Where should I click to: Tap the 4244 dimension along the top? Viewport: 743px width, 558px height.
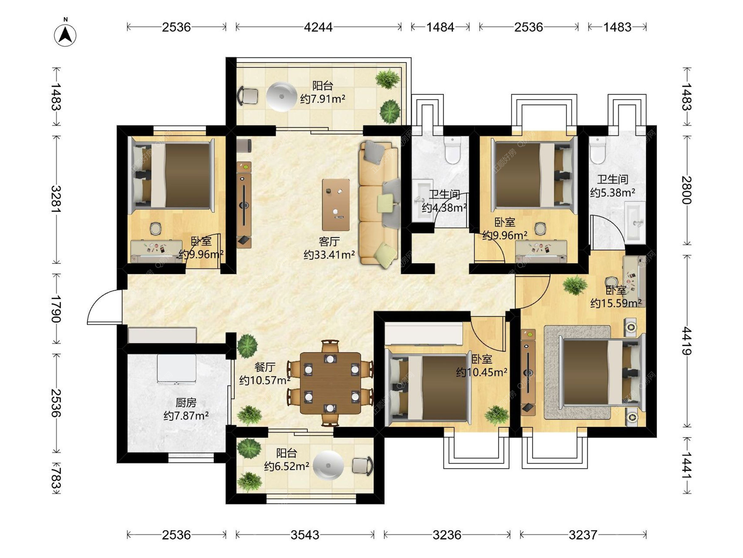tap(318, 27)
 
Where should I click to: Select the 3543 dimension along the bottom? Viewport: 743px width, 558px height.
tap(305, 535)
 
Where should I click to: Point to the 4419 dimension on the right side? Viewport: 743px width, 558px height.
tap(687, 341)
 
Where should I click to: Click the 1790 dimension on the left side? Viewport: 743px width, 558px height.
tap(56, 309)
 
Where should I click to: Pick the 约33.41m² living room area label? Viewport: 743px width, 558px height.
tap(329, 255)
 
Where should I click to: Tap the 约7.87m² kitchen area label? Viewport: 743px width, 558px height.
tap(186, 416)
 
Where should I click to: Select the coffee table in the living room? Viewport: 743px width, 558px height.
tap(336, 205)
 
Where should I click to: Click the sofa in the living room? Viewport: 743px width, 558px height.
tap(379, 204)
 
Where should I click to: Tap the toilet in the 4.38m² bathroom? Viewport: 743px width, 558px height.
tap(452, 150)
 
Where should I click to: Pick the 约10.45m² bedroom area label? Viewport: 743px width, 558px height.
tap(482, 372)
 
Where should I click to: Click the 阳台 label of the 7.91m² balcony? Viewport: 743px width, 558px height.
tap(323, 86)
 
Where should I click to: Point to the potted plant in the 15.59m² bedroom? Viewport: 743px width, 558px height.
tap(575, 285)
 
